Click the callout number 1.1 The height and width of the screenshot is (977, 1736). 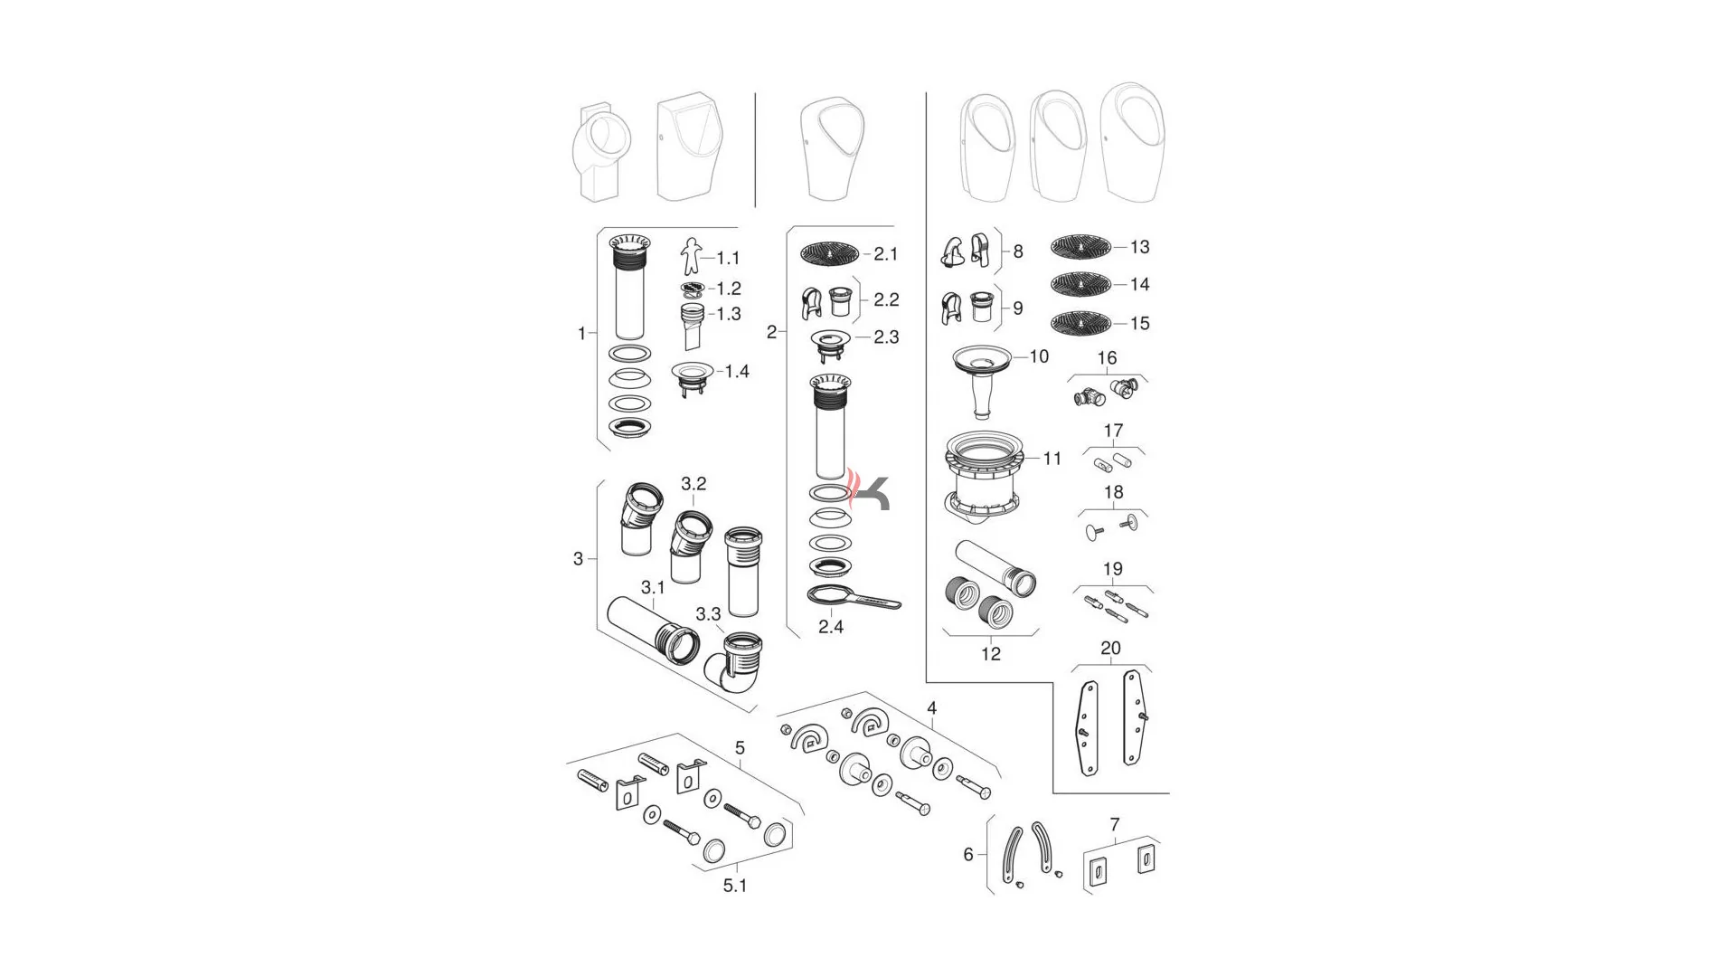click(728, 259)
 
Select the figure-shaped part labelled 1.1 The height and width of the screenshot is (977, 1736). click(691, 256)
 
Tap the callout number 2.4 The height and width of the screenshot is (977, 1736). click(831, 626)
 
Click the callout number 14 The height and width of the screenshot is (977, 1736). click(1139, 285)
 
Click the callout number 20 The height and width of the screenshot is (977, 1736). click(1110, 649)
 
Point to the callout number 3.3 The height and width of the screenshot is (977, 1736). click(708, 615)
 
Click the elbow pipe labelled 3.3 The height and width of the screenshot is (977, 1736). click(735, 670)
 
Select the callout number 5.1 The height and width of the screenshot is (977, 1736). click(735, 886)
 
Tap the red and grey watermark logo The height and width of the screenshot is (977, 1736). click(869, 492)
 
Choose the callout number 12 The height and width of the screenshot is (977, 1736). click(991, 654)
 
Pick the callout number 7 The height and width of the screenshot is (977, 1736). click(1115, 825)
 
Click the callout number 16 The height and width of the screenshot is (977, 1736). click(1107, 358)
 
